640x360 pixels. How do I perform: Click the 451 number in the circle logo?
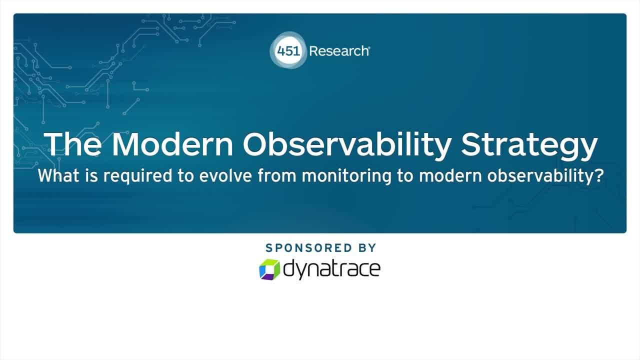(288, 51)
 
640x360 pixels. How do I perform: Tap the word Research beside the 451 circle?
(338, 51)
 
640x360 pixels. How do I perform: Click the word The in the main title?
(73, 144)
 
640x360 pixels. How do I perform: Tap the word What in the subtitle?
(56, 176)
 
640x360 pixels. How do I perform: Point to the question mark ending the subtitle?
(599, 176)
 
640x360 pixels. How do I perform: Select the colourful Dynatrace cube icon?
(269, 269)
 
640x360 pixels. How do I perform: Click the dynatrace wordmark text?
(332, 269)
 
